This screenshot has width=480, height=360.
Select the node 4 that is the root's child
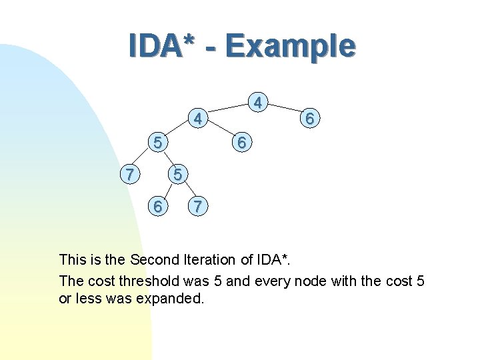click(197, 120)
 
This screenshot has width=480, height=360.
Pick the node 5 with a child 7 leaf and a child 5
click(157, 142)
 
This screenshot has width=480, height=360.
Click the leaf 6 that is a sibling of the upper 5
click(243, 143)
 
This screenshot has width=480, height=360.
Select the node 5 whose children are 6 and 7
click(177, 175)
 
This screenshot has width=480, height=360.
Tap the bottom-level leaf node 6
click(157, 207)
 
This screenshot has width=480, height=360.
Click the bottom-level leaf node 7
click(196, 207)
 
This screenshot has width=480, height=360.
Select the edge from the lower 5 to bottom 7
click(186, 191)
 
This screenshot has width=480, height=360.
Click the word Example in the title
click(290, 45)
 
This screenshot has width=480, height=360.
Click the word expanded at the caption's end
click(169, 299)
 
